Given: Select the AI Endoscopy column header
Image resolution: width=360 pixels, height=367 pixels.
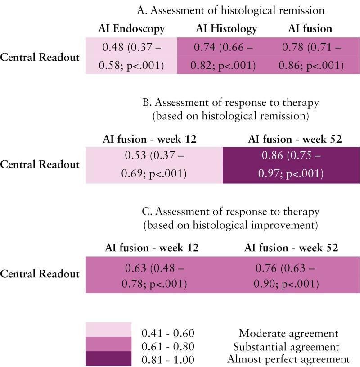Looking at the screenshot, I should pos(131,29).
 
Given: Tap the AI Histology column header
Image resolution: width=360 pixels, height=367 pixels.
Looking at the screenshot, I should pos(226,29).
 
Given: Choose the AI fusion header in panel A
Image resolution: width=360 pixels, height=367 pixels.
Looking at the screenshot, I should pos(310,29).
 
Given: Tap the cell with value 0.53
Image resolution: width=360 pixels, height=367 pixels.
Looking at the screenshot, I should pos(154,165).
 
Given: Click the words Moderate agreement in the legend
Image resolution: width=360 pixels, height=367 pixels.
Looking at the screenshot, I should pos(288,334).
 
